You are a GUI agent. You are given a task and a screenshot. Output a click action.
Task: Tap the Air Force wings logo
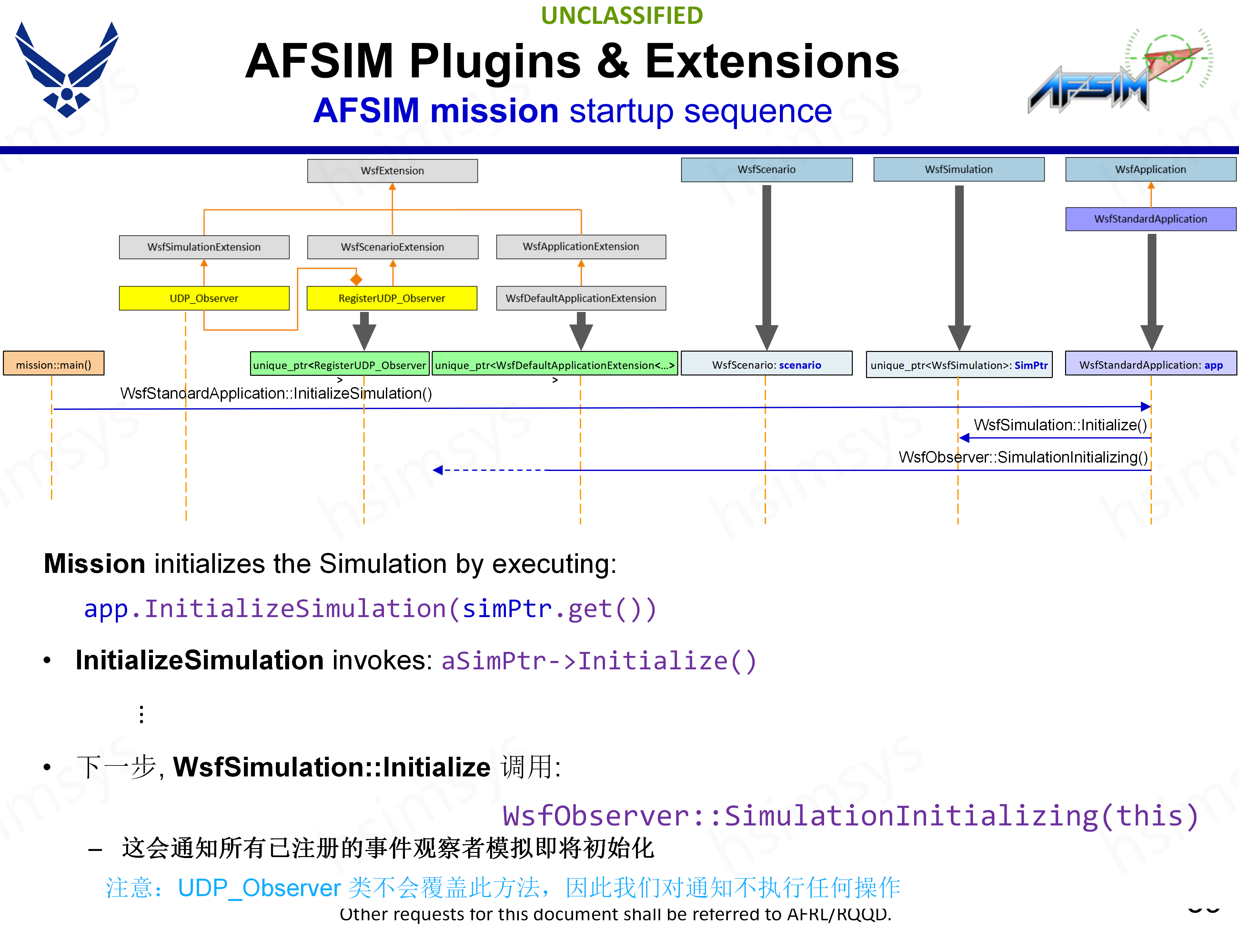[x=67, y=70]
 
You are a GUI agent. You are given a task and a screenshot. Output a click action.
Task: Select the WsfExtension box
[x=392, y=171]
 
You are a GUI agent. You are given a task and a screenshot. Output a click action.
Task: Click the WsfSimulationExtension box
[x=204, y=247]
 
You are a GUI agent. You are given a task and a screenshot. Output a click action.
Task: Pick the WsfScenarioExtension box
[x=392, y=247]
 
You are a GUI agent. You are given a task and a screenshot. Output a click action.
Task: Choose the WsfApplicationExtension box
[x=581, y=246]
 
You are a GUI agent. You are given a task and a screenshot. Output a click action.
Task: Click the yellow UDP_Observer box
[x=204, y=298]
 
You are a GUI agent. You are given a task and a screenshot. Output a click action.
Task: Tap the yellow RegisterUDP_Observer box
[x=391, y=298]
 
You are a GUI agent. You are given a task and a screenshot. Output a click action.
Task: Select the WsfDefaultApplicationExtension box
[x=581, y=298]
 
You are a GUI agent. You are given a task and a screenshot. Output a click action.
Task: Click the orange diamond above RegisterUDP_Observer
[x=356, y=279]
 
